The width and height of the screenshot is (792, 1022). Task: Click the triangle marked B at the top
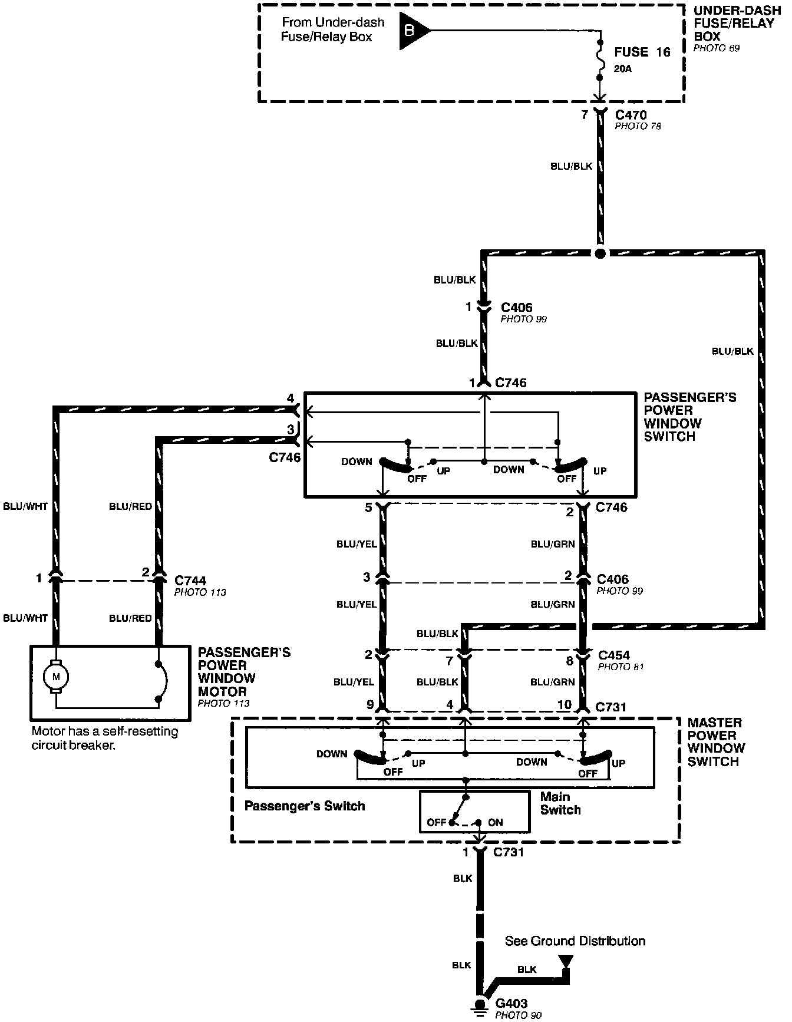412,31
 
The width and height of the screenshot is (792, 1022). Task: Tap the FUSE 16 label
642,52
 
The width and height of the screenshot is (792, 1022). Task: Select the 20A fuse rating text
622,69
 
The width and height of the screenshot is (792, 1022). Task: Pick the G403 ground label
511,1003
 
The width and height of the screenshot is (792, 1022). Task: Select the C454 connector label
613,655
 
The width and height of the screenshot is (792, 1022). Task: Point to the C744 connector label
190,581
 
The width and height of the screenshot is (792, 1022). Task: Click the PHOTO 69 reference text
716,48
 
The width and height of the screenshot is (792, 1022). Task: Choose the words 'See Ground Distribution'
575,941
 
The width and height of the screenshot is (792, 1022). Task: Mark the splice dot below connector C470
600,253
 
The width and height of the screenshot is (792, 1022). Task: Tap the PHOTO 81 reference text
621,667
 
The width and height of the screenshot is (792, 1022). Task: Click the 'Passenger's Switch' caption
305,806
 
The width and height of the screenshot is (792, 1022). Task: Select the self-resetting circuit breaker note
104,739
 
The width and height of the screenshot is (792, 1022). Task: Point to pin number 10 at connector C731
564,705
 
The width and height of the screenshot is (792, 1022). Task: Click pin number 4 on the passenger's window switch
290,398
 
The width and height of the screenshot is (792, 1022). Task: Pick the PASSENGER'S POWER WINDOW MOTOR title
244,672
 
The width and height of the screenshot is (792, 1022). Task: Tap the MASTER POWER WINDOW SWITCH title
716,741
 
